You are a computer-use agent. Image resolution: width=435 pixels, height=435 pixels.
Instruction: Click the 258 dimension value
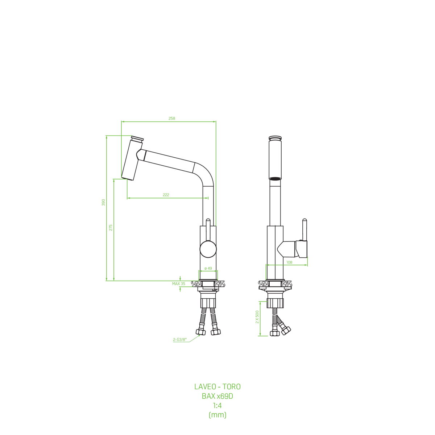172,118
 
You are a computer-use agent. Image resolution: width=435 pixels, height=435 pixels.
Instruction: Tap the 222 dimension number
166,195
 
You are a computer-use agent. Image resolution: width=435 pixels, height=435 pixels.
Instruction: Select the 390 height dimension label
103,203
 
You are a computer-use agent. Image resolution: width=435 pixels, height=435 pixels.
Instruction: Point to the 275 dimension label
111,228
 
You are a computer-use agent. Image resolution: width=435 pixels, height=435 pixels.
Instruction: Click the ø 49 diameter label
208,268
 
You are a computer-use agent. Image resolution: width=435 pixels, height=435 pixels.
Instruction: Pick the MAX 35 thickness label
179,284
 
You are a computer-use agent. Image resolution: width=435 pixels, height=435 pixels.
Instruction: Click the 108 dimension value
289,262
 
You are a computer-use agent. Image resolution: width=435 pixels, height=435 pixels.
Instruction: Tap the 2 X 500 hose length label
257,317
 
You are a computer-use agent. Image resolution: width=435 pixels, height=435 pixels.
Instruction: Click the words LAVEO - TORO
217,387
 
